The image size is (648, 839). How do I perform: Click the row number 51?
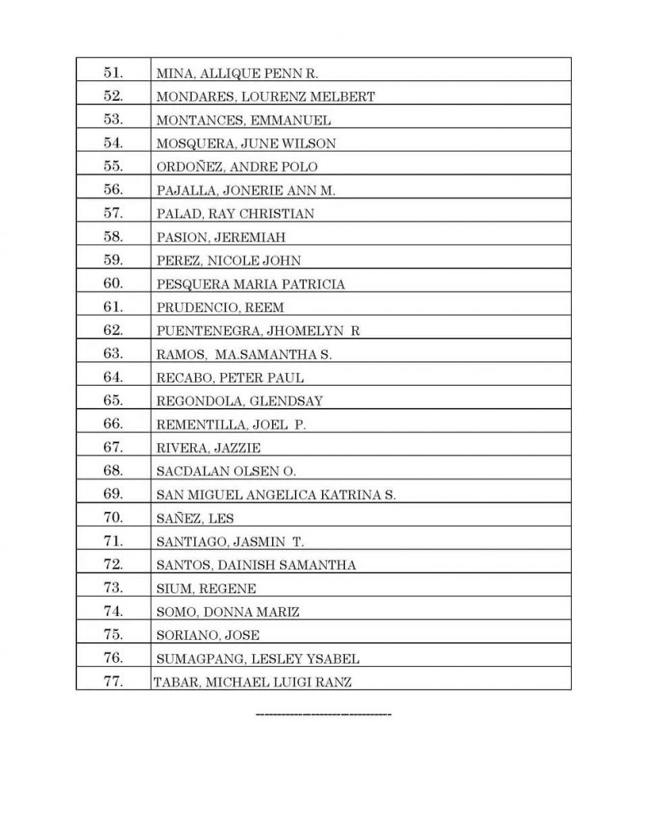pyautogui.click(x=113, y=73)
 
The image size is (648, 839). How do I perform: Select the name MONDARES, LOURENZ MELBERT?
pyautogui.click(x=265, y=97)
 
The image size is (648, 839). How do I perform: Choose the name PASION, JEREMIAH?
pyautogui.click(x=220, y=238)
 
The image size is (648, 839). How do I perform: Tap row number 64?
pyautogui.click(x=113, y=378)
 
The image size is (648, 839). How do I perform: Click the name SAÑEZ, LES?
pyautogui.click(x=196, y=519)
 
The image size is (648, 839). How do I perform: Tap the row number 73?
pyautogui.click(x=113, y=587)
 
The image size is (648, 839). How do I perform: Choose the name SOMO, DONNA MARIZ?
pyautogui.click(x=228, y=612)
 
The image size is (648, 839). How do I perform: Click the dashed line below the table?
pyautogui.click(x=324, y=715)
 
